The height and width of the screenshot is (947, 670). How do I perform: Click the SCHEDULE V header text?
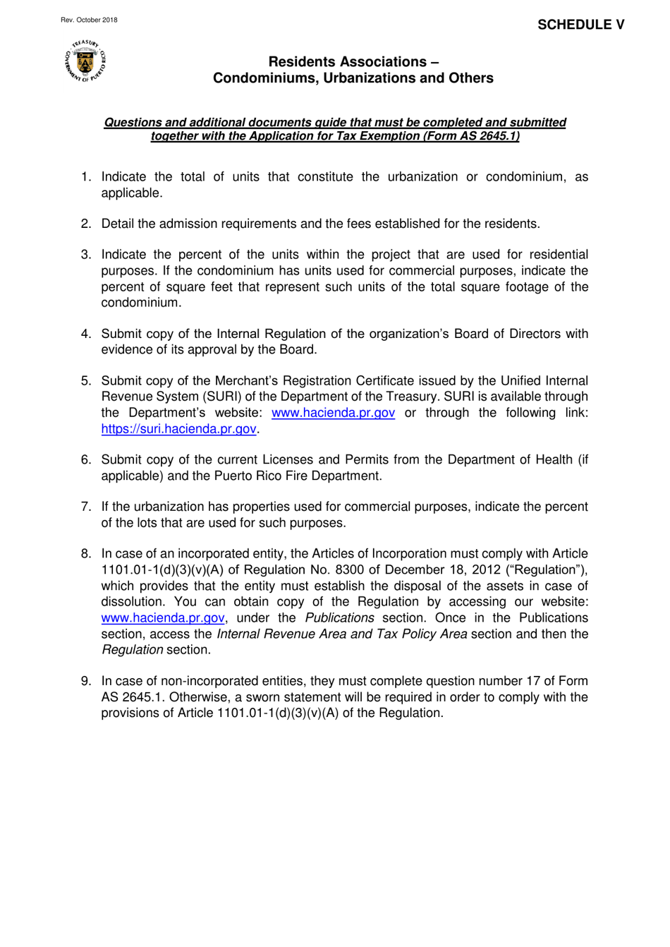point(580,25)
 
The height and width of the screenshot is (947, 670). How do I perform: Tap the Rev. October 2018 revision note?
point(89,20)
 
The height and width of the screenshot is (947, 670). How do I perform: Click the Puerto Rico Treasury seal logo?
point(85,61)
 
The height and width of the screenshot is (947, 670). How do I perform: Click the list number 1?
point(85,177)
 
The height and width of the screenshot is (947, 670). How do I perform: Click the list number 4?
point(85,334)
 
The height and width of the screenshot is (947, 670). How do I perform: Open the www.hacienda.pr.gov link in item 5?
point(333,413)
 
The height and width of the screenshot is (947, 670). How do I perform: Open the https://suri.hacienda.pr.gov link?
point(178,429)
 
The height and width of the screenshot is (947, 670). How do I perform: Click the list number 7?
point(85,507)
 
